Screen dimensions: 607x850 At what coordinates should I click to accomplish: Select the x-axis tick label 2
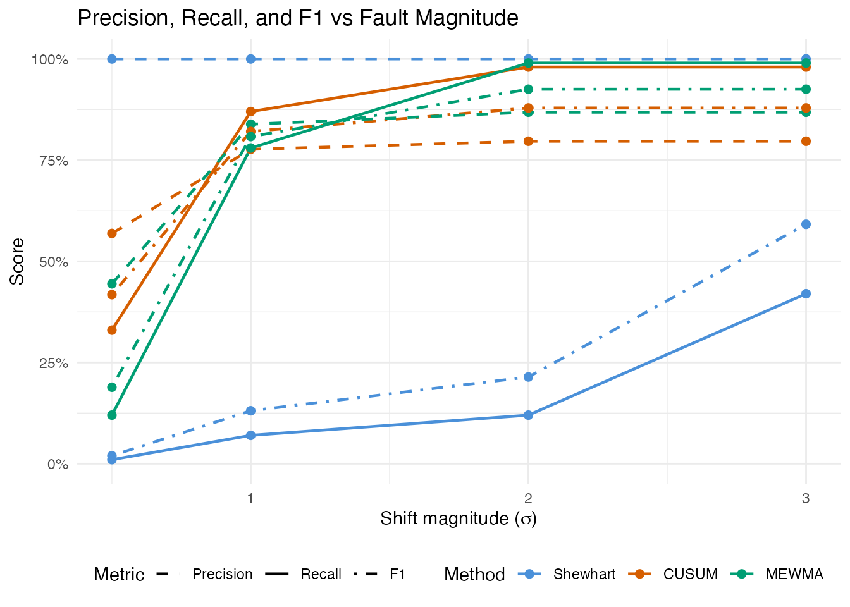point(528,498)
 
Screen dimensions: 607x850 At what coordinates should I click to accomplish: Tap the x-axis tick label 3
point(806,498)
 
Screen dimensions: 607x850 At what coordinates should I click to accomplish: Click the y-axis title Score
point(18,261)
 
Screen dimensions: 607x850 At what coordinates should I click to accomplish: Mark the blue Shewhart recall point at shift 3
point(806,293)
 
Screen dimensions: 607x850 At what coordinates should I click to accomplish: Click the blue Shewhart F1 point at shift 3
point(806,224)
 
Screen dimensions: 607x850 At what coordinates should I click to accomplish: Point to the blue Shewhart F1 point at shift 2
point(528,377)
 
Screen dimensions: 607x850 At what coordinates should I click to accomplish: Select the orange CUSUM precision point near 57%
point(112,233)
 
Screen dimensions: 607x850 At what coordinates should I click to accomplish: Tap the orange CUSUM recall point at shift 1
point(250,111)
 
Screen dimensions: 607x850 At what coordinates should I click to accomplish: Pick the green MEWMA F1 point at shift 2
point(528,89)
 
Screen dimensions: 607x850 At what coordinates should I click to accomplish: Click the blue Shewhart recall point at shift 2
point(528,415)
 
